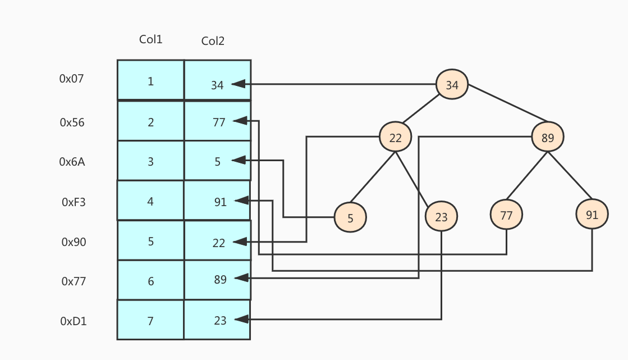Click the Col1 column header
tap(150, 39)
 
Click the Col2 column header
tap(213, 41)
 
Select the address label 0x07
tap(71, 79)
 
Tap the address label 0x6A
tap(72, 162)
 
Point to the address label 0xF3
tap(74, 202)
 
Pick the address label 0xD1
tap(74, 321)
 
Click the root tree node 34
tap(452, 85)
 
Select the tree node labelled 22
tap(395, 137)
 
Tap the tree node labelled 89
tap(548, 136)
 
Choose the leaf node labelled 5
tap(350, 218)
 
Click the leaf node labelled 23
tap(441, 216)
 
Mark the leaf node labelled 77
tap(506, 214)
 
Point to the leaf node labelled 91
tap(592, 214)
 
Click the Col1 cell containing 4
tap(150, 200)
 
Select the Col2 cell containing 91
tap(217, 200)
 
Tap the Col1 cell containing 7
tap(150, 320)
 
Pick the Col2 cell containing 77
tap(217, 121)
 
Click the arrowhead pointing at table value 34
tap(239, 84)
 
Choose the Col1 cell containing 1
tap(150, 80)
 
